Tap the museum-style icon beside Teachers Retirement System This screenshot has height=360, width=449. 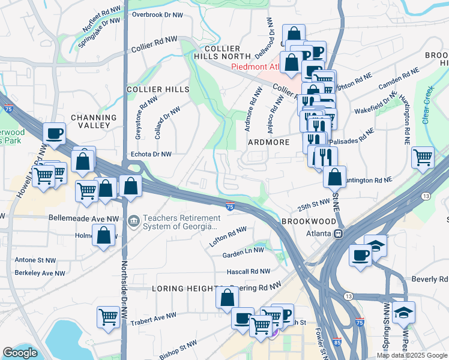point(133,222)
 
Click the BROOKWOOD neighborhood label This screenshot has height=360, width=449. point(306,221)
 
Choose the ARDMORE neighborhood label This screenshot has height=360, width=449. point(268,142)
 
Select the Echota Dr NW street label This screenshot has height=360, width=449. point(151,154)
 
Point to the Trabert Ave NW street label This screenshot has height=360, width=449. point(155,316)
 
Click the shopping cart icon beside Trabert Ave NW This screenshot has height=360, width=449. point(108,316)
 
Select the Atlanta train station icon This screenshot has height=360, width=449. point(339,233)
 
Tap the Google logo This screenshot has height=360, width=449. point(20,353)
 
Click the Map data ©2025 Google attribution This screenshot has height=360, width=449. point(412,355)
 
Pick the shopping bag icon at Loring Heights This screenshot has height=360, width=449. point(227,298)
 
